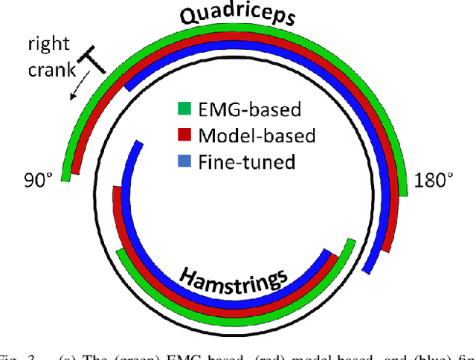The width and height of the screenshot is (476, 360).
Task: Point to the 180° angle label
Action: pyautogui.click(x=434, y=180)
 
